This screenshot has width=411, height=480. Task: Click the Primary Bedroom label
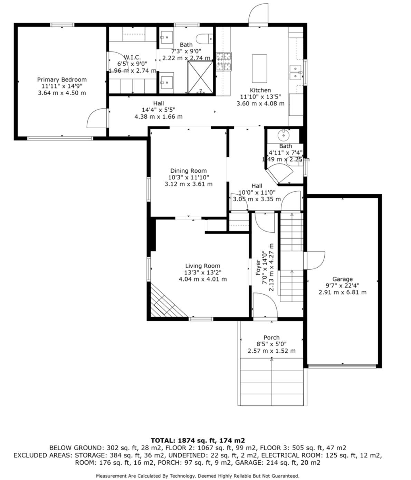point(62,80)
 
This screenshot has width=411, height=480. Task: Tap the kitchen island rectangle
point(259,68)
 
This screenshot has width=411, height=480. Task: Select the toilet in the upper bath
point(204,39)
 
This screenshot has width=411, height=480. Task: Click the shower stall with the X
point(200,77)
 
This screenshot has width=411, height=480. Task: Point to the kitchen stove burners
point(224,62)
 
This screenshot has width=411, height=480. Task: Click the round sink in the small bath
point(284,135)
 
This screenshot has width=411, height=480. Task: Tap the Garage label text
point(342,279)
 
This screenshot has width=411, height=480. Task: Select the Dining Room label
point(188,171)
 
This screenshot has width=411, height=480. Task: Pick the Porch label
point(271,338)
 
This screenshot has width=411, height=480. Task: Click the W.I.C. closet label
point(132,57)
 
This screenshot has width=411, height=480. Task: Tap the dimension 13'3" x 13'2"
point(203,273)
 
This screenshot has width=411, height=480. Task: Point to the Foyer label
point(258,268)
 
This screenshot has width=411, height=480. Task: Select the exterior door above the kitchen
point(258,13)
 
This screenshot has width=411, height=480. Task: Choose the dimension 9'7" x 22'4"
point(342,286)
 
